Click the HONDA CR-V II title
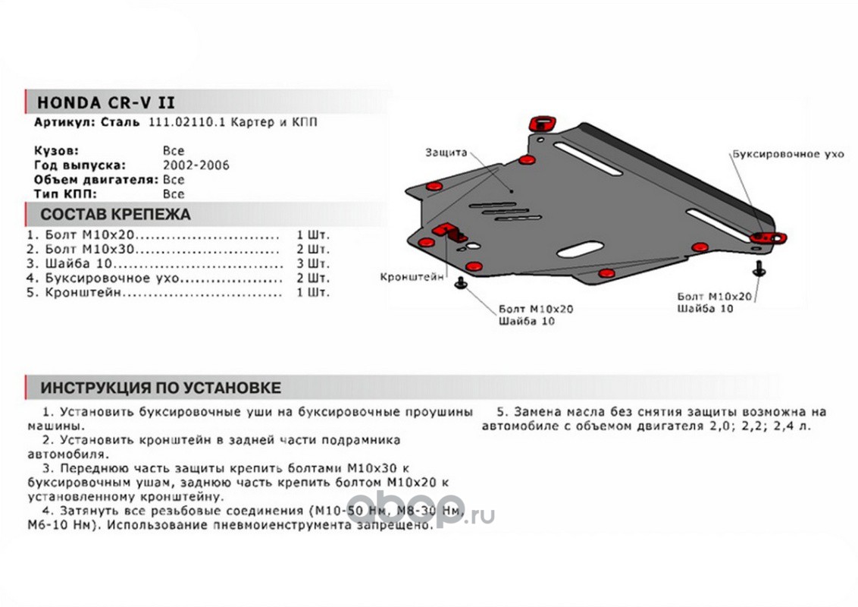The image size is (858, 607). coord(105,102)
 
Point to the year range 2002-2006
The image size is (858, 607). coord(196,165)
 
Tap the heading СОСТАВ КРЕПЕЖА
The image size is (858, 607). coord(115,214)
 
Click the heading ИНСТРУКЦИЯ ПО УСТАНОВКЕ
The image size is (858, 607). coord(160,388)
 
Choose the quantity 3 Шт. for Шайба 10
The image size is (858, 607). coord(314,263)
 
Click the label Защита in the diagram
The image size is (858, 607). coord(446,153)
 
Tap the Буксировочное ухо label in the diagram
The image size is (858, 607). coord(787,154)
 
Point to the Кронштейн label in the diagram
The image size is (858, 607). coord(412,278)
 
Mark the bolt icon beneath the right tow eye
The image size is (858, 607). coord(759,268)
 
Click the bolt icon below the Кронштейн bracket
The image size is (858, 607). coord(461,284)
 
